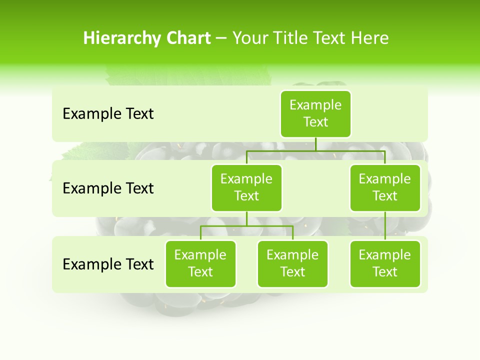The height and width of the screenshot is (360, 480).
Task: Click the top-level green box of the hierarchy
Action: pyautogui.click(x=315, y=113)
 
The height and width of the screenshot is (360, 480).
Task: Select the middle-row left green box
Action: pyautogui.click(x=246, y=187)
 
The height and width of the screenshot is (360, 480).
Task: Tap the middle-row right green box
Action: pyautogui.click(x=385, y=187)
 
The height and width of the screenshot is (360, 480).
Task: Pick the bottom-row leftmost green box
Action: pyautogui.click(x=200, y=263)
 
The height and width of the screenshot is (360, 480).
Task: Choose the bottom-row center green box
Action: pyautogui.click(x=292, y=263)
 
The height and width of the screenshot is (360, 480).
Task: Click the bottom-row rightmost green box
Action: pyautogui.click(x=385, y=263)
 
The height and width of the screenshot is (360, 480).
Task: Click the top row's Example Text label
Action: pyautogui.click(x=108, y=114)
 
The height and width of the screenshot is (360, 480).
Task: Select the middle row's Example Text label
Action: pyautogui.click(x=108, y=188)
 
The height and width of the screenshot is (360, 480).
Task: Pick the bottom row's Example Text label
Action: pyautogui.click(x=108, y=264)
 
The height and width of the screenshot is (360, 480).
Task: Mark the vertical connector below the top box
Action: pyautogui.click(x=315, y=144)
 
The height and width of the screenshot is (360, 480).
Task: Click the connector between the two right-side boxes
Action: pyautogui.click(x=385, y=226)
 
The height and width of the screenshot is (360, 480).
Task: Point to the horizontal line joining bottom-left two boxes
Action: pyautogui.click(x=246, y=226)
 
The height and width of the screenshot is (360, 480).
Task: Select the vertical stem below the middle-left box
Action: pyautogui.click(x=246, y=218)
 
